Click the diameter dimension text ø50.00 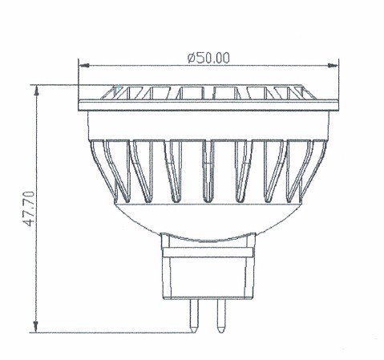tap(208, 57)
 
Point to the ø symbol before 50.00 tap(190, 57)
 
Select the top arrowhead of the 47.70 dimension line tap(36, 87)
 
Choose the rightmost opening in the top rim tap(285, 93)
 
